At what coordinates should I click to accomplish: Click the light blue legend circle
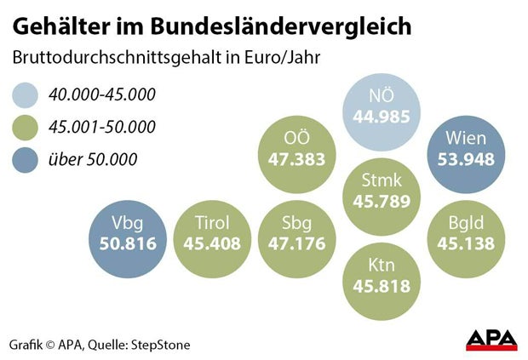click(x=30, y=94)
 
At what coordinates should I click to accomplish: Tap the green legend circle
click(x=30, y=127)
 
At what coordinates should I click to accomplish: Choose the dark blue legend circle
click(x=30, y=159)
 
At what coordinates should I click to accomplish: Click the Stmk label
click(x=382, y=180)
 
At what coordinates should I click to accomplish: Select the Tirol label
click(x=207, y=224)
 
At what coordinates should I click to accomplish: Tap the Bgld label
click(x=465, y=224)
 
